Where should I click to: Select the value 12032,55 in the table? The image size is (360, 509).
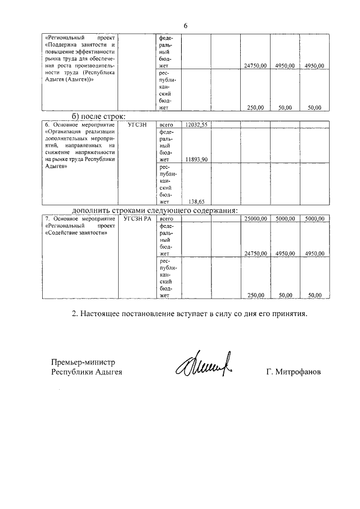pos(197,125)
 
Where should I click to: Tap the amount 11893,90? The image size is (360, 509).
pos(197,160)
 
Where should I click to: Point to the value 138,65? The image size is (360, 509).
pos(197,201)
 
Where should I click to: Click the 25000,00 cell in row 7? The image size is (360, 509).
pos(255,219)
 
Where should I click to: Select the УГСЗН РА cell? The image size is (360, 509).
pos(138,219)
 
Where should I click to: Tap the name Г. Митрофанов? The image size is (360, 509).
pos(294,372)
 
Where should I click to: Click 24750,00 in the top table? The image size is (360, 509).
pos(255,66)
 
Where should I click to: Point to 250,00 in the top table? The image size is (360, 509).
pos(259,107)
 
